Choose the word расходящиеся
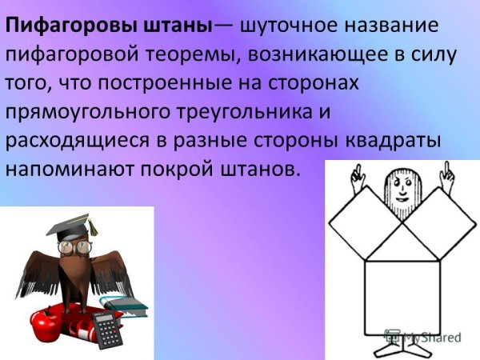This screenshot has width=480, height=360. [75, 141]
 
